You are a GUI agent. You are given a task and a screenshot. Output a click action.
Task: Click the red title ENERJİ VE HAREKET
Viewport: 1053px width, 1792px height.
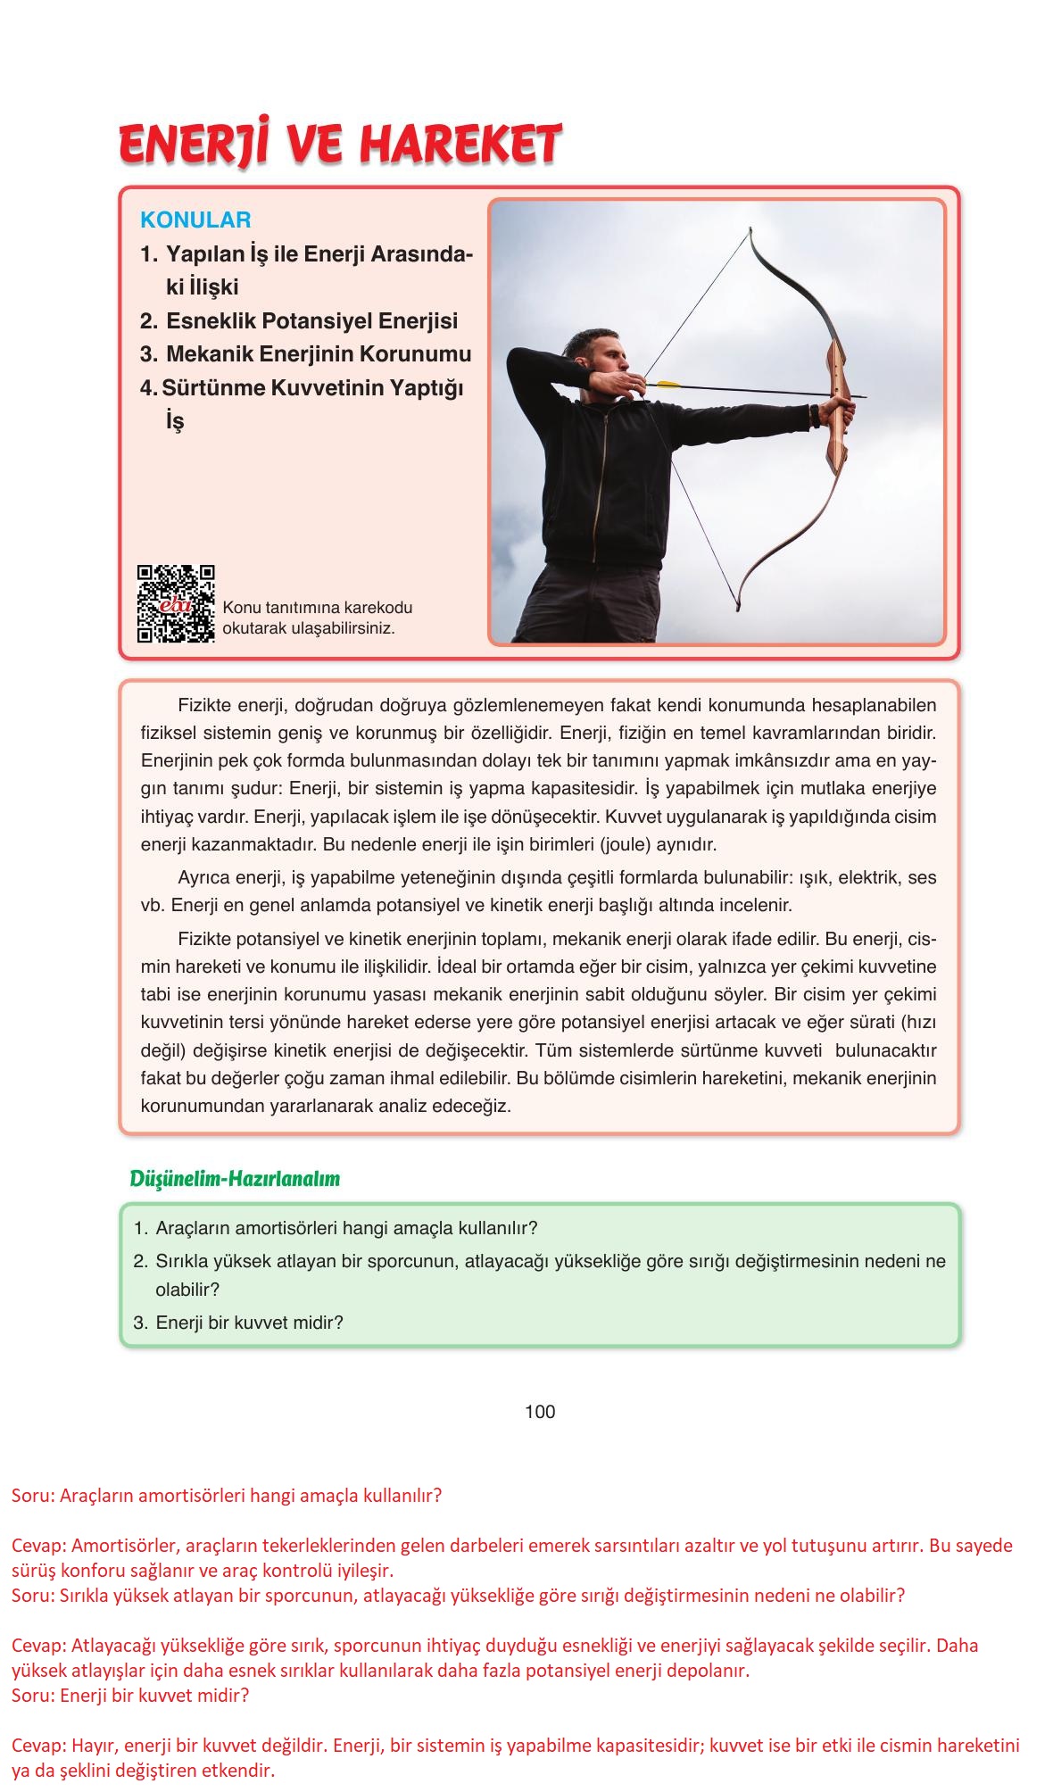click(340, 145)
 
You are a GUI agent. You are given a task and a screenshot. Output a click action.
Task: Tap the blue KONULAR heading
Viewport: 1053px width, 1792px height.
click(195, 220)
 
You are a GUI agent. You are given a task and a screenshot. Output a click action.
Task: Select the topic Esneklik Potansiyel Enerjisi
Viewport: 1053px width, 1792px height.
click(311, 321)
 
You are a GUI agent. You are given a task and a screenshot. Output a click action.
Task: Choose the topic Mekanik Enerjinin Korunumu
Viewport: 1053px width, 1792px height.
click(319, 354)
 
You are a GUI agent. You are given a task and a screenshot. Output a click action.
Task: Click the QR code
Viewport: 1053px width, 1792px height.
click(176, 604)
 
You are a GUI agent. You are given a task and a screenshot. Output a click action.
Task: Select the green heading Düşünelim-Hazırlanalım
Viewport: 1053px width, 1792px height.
click(235, 1178)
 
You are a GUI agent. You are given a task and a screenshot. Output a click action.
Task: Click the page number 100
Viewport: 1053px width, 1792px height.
click(540, 1411)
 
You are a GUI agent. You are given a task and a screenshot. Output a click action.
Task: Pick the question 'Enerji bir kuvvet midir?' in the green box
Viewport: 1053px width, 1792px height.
click(249, 1323)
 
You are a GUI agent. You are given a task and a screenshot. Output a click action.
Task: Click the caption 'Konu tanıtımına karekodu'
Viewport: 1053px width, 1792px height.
click(318, 608)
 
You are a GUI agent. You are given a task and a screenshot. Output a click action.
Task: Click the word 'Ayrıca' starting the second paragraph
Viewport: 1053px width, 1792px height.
click(204, 877)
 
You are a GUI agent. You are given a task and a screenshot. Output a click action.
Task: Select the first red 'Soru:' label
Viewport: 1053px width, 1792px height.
click(33, 1495)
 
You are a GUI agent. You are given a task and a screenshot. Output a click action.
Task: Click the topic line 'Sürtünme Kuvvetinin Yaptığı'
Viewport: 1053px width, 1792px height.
click(312, 388)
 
